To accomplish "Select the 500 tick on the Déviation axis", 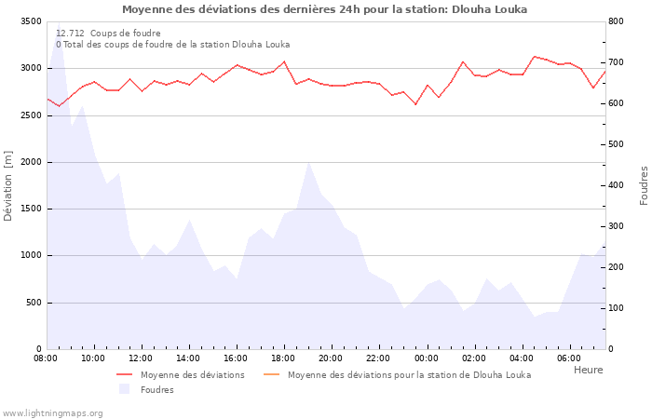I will click(x=33, y=303).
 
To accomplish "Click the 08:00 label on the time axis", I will click(x=47, y=358).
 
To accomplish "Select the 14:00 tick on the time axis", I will click(x=189, y=358).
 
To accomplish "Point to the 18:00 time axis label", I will click(x=284, y=358).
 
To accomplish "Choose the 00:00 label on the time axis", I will click(x=427, y=358).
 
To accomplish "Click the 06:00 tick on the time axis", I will click(x=569, y=358).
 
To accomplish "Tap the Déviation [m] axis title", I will click(x=8, y=185).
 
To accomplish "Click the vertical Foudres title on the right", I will click(x=644, y=185).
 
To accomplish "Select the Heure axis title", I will click(x=588, y=370).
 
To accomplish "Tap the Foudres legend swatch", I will click(x=125, y=390).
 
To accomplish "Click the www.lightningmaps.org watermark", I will click(x=52, y=412).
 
